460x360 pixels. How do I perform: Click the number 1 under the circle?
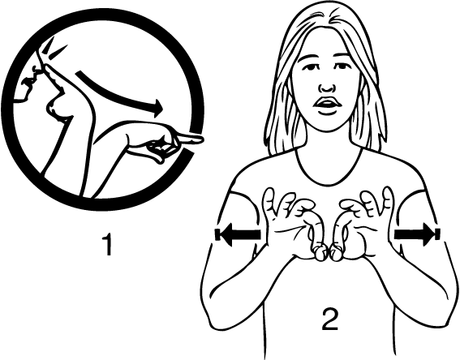pyautogui.click(x=107, y=243)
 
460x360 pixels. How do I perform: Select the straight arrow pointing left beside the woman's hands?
pyautogui.click(x=238, y=234)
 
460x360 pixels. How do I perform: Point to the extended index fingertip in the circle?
pyautogui.click(x=200, y=139)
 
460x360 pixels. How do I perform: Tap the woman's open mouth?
pyautogui.click(x=326, y=104)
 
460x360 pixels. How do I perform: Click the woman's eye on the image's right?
pyautogui.click(x=341, y=66)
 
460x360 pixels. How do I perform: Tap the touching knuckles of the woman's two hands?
pyautogui.click(x=327, y=253)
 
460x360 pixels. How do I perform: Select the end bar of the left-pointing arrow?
pyautogui.click(x=217, y=234)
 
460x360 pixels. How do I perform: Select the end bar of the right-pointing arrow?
pyautogui.click(x=438, y=234)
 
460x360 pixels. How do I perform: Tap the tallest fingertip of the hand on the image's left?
pyautogui.click(x=269, y=191)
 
